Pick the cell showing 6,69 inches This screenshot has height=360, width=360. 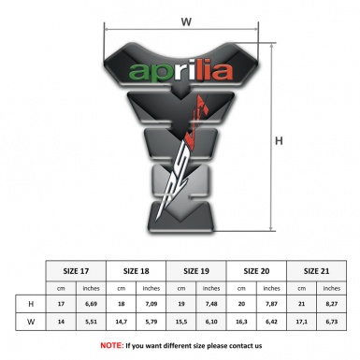[x=92, y=305]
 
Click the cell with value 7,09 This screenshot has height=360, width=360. [x=151, y=305]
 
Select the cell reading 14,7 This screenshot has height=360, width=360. [x=122, y=323]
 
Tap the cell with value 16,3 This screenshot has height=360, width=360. [x=241, y=323]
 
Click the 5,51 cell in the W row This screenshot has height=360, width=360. [x=92, y=323]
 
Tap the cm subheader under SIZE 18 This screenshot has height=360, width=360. [x=122, y=287]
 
